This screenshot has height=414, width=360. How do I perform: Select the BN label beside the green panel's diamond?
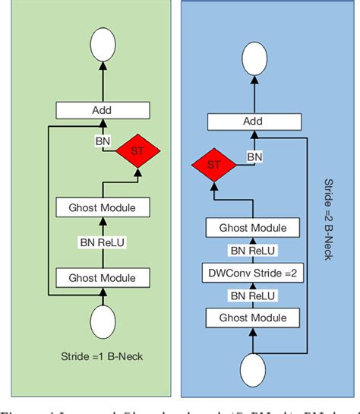click(102, 142)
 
